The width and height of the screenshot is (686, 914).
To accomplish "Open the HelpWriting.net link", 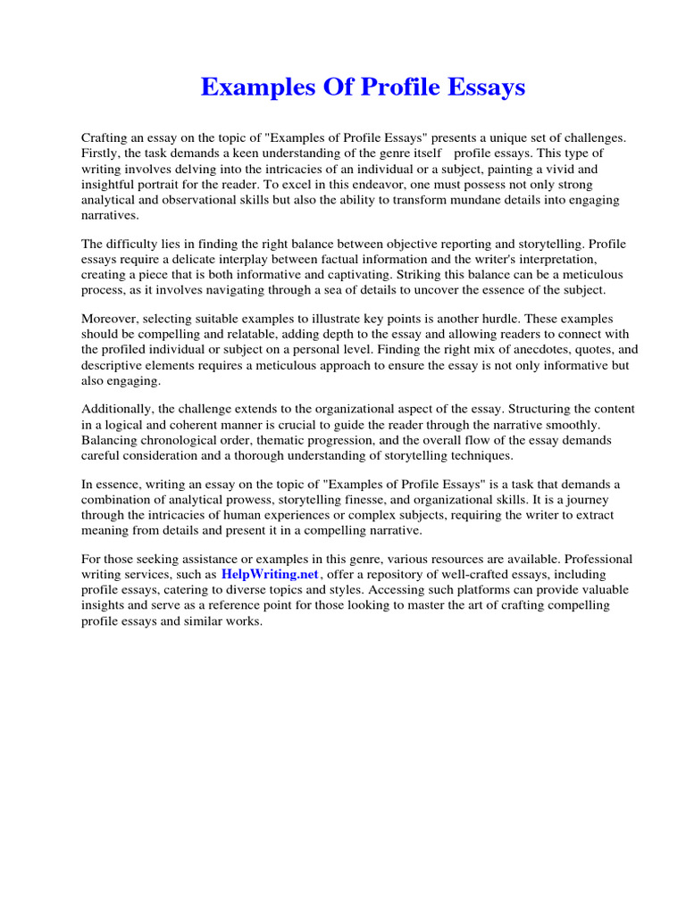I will pos(270,575).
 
